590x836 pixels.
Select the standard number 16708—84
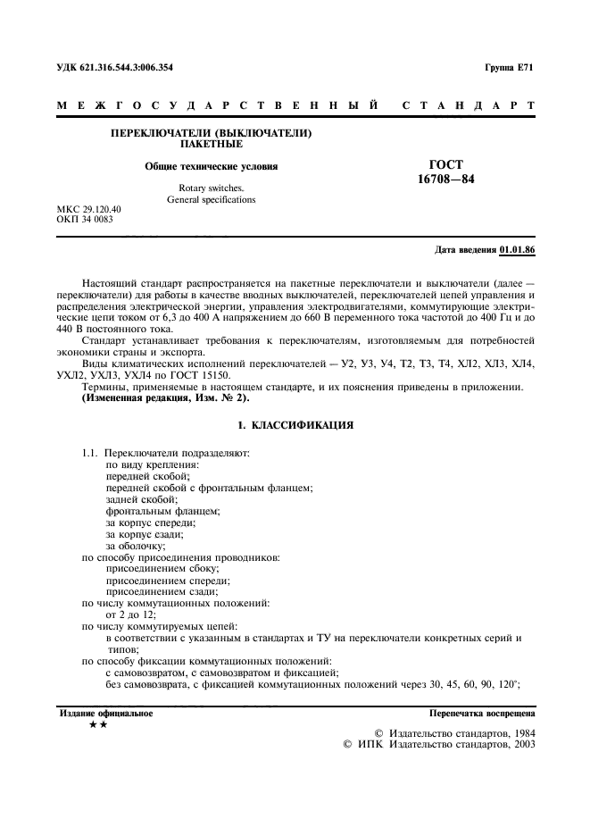(x=446, y=180)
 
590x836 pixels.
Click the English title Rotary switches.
(x=211, y=188)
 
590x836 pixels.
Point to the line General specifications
(x=211, y=199)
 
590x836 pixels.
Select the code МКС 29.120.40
(x=89, y=209)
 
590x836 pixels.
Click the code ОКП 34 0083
(x=85, y=219)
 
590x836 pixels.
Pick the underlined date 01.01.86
(x=517, y=250)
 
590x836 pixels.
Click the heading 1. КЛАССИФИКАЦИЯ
(x=294, y=425)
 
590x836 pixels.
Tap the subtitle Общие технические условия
(x=212, y=166)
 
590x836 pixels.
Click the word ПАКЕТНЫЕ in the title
(x=211, y=143)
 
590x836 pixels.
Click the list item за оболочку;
(x=136, y=545)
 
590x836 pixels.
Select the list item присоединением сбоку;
(x=162, y=568)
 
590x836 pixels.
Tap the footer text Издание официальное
(x=105, y=714)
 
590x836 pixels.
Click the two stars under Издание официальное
(x=99, y=726)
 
